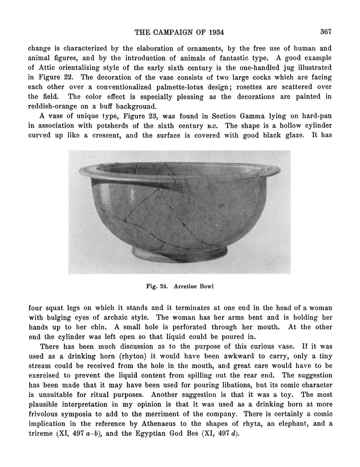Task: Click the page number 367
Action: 325,32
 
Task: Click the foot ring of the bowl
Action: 179,253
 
